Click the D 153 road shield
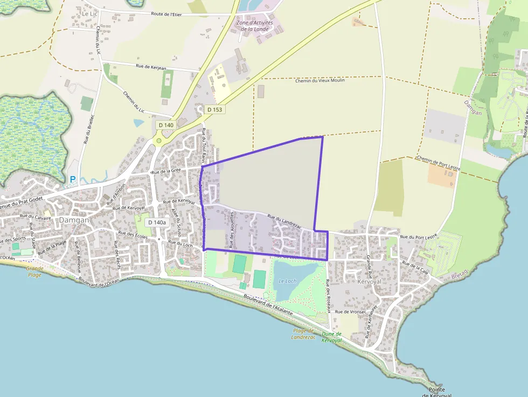[x=214, y=109]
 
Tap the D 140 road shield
[x=166, y=125]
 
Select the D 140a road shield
[x=157, y=222]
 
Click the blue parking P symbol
[x=73, y=179]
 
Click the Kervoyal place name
[x=369, y=281]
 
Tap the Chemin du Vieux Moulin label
[x=320, y=81]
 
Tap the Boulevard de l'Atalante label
[x=268, y=305]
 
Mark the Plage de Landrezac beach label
[x=303, y=334]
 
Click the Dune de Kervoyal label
[x=331, y=337]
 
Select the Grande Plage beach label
[x=35, y=271]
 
